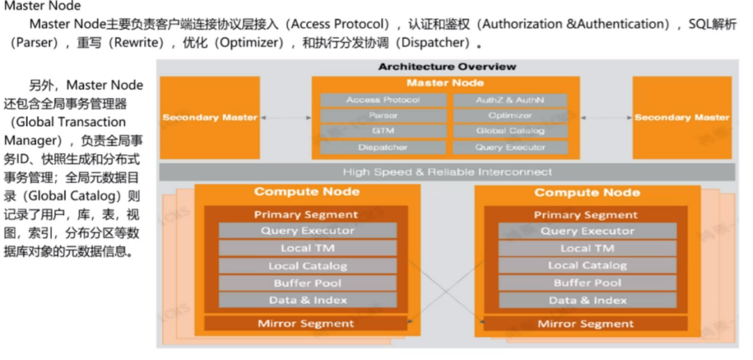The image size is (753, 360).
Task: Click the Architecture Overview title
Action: click(447, 67)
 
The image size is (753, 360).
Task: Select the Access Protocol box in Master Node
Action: click(383, 100)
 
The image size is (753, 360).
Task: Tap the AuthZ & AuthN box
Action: click(510, 100)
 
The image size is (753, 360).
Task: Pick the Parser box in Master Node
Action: click(383, 115)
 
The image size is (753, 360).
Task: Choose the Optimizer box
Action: click(510, 115)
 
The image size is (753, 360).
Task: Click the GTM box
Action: click(383, 131)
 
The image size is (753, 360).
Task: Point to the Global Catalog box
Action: click(510, 131)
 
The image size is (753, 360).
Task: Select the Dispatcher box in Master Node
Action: click(383, 147)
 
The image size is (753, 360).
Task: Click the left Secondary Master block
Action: click(209, 117)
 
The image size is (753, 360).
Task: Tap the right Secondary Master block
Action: click(682, 117)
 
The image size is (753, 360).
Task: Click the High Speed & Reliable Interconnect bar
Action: click(447, 172)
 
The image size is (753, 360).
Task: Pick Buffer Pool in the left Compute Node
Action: click(307, 283)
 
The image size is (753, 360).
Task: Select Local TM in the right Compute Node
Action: click(587, 249)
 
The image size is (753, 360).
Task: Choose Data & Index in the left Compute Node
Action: click(307, 300)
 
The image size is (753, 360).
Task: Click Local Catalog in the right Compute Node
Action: click(587, 266)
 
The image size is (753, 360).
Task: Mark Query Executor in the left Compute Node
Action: click(307, 231)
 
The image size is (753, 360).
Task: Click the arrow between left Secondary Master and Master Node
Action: click(285, 118)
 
